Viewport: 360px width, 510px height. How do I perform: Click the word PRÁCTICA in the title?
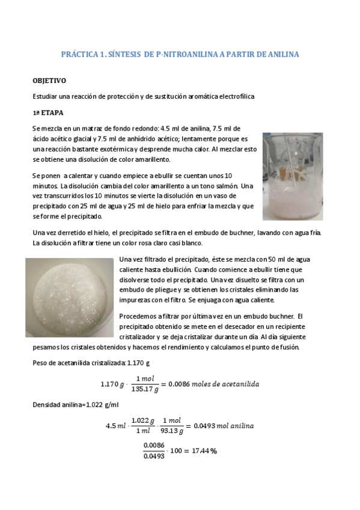[x=80, y=55]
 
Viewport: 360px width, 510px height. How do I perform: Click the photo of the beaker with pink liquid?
[x=292, y=176]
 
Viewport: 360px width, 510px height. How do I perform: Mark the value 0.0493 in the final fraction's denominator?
[x=154, y=456]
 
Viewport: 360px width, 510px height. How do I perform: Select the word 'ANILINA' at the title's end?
[x=282, y=55]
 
